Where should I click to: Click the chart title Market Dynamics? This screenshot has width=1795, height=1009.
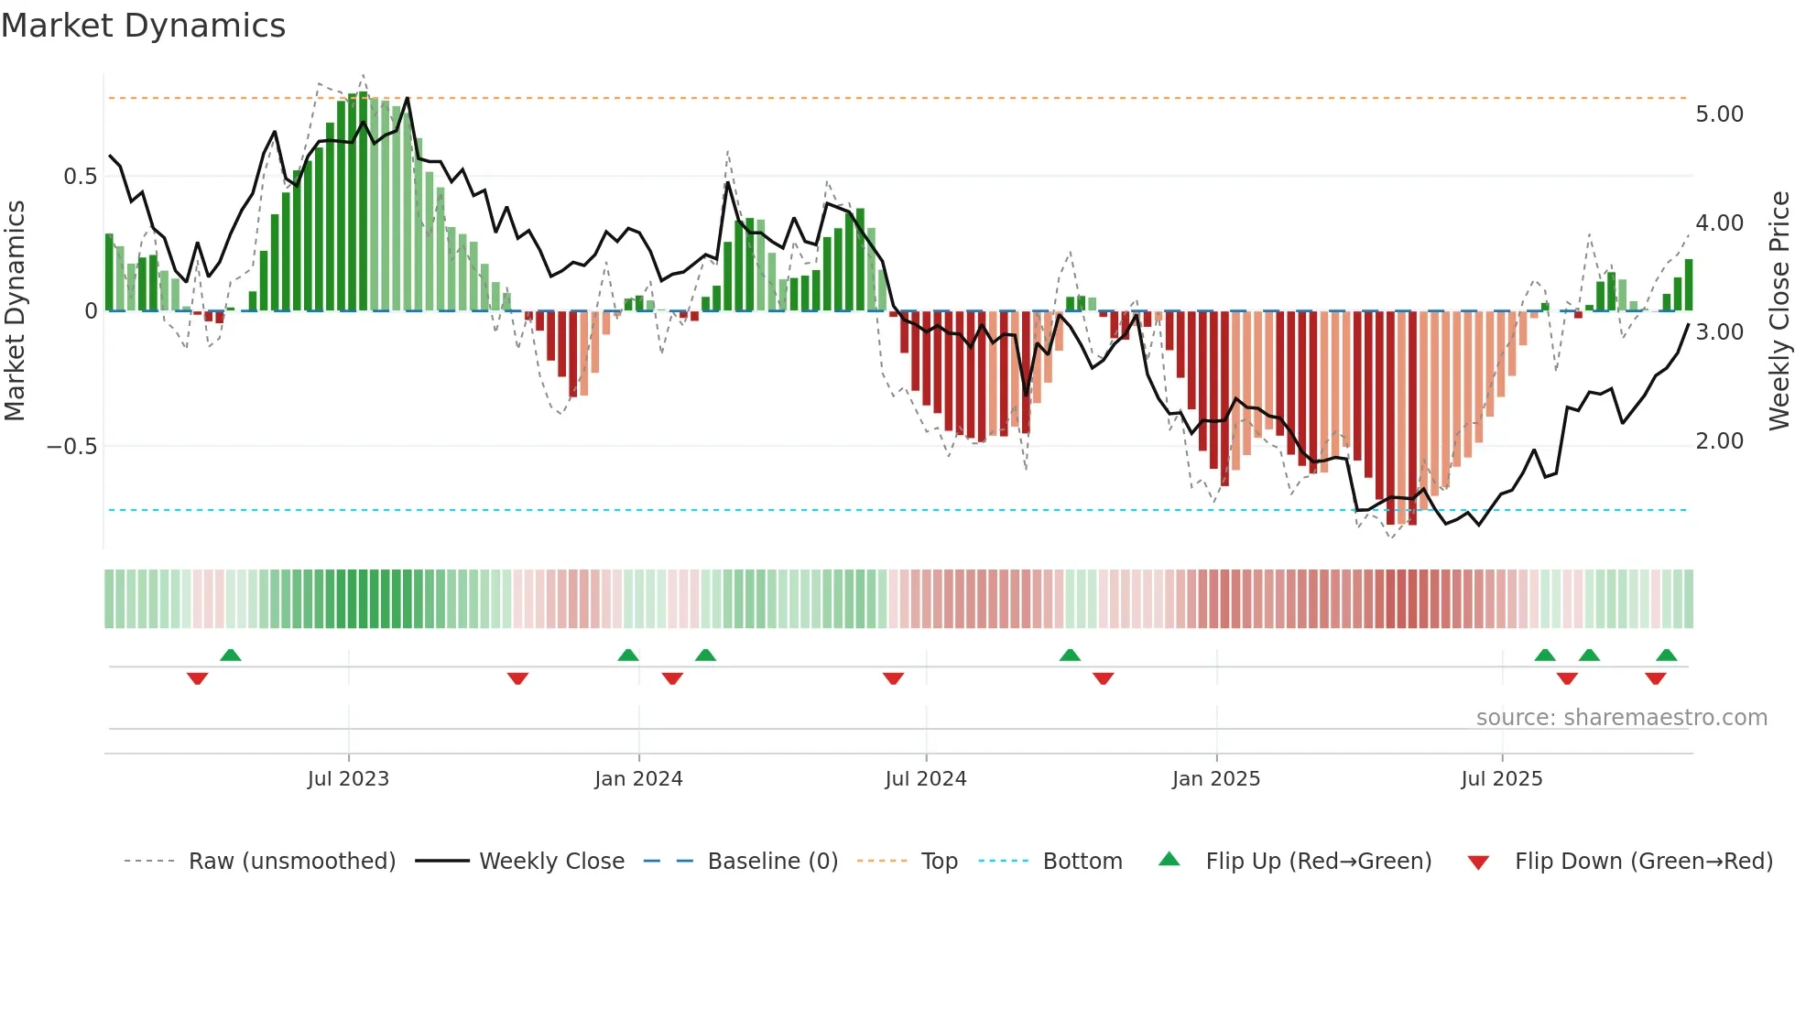[x=144, y=26]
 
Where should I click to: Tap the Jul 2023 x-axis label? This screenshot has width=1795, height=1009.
[x=348, y=779]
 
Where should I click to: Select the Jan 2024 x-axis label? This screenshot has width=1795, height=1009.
[x=638, y=779]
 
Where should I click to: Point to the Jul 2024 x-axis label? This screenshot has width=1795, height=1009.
[x=926, y=779]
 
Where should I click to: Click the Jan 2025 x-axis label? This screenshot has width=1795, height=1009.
[x=1216, y=779]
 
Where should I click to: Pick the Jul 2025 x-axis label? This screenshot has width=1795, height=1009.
[x=1502, y=779]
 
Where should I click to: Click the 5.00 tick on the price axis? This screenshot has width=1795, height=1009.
[x=1719, y=114]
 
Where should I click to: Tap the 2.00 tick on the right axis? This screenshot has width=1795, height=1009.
[x=1719, y=441]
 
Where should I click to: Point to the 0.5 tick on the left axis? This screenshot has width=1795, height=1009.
[x=80, y=177]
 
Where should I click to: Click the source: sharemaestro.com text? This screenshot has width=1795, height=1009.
[x=1621, y=718]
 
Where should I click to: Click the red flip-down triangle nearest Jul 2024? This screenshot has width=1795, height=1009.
[x=893, y=678]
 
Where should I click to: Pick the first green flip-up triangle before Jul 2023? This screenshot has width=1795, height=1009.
[x=231, y=655]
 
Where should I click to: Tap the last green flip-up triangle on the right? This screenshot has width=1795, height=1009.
[x=1667, y=655]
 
